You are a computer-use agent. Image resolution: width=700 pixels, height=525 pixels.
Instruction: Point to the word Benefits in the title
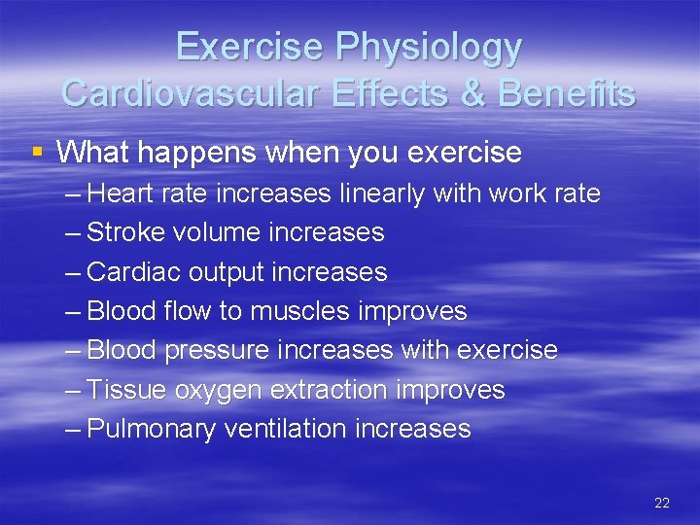pos(568,93)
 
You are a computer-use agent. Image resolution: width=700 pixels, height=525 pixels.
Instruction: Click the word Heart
pos(115,193)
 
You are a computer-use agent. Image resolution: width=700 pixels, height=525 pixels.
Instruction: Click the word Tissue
pos(126,390)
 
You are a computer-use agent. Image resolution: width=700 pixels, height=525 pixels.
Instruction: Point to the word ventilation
pos(286,429)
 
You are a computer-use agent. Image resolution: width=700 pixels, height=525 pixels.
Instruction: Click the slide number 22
pos(662,503)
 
